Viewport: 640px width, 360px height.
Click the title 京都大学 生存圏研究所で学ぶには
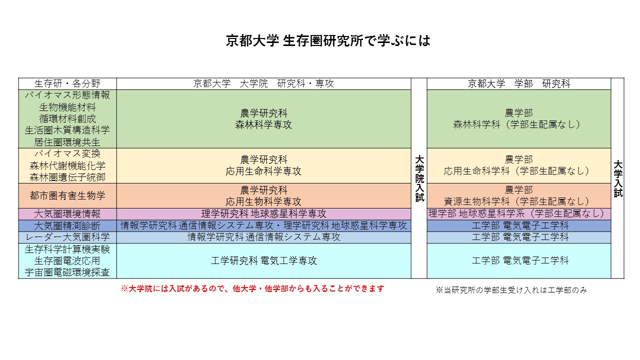click(328, 41)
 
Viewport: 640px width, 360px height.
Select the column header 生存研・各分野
click(67, 83)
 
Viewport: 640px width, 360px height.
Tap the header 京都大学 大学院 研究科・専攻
click(263, 83)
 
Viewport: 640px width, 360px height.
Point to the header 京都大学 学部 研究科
click(519, 83)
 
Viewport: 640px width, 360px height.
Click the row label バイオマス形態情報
click(67, 95)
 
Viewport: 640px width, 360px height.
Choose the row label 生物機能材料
click(67, 107)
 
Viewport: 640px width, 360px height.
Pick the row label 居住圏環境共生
click(67, 142)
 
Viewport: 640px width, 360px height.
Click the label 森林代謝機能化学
click(67, 165)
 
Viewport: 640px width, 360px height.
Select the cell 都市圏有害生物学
click(67, 195)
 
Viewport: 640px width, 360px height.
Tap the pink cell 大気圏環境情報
click(67, 214)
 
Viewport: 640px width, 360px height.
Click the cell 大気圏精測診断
click(67, 225)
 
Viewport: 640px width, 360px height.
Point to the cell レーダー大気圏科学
click(67, 237)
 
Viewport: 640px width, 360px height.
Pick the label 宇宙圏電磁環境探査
click(67, 272)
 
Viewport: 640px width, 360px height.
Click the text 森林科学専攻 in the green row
click(263, 124)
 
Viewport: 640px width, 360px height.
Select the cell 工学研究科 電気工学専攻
click(263, 260)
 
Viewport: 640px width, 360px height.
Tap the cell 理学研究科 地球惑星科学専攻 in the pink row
click(263, 213)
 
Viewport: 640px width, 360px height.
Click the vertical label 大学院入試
click(419, 178)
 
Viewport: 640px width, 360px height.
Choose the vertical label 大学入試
click(617, 179)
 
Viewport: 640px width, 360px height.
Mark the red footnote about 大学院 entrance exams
click(252, 288)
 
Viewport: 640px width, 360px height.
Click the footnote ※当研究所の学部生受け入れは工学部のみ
click(511, 290)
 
